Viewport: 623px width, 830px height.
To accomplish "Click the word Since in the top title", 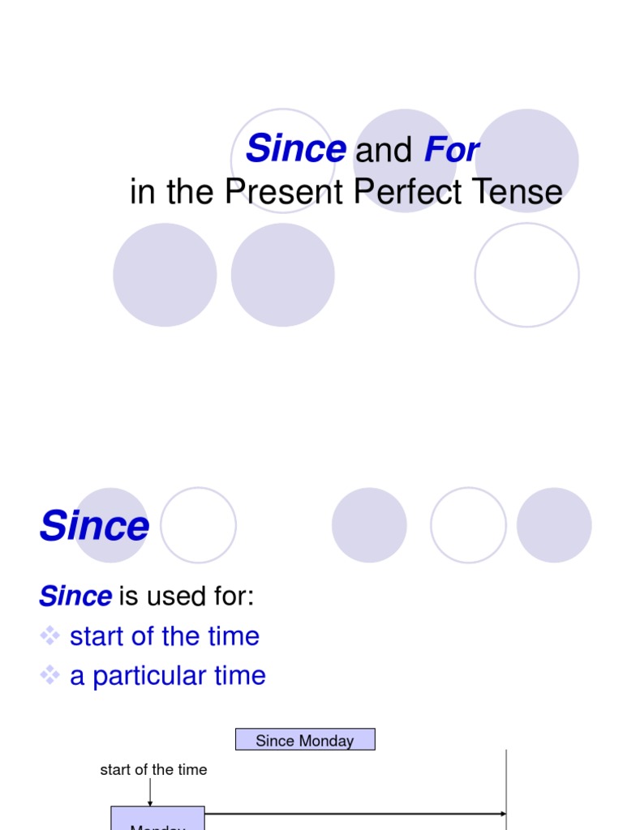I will (296, 149).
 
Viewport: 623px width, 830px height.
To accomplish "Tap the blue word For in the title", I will (451, 150).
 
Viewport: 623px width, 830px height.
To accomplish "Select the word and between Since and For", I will (385, 151).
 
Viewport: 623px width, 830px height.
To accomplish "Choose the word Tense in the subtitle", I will (518, 192).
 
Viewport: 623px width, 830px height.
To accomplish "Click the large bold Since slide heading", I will (94, 526).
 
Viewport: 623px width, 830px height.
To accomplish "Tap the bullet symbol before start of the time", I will (51, 636).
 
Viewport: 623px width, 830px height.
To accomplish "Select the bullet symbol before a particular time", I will (51, 675).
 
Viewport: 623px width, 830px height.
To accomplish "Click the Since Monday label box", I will (305, 740).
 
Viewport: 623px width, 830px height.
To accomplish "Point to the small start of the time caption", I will (153, 769).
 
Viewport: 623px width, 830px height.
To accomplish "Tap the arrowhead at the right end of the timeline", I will (503, 813).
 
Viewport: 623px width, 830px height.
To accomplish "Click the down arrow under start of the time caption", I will (150, 793).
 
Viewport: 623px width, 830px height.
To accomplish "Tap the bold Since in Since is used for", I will (75, 597).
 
